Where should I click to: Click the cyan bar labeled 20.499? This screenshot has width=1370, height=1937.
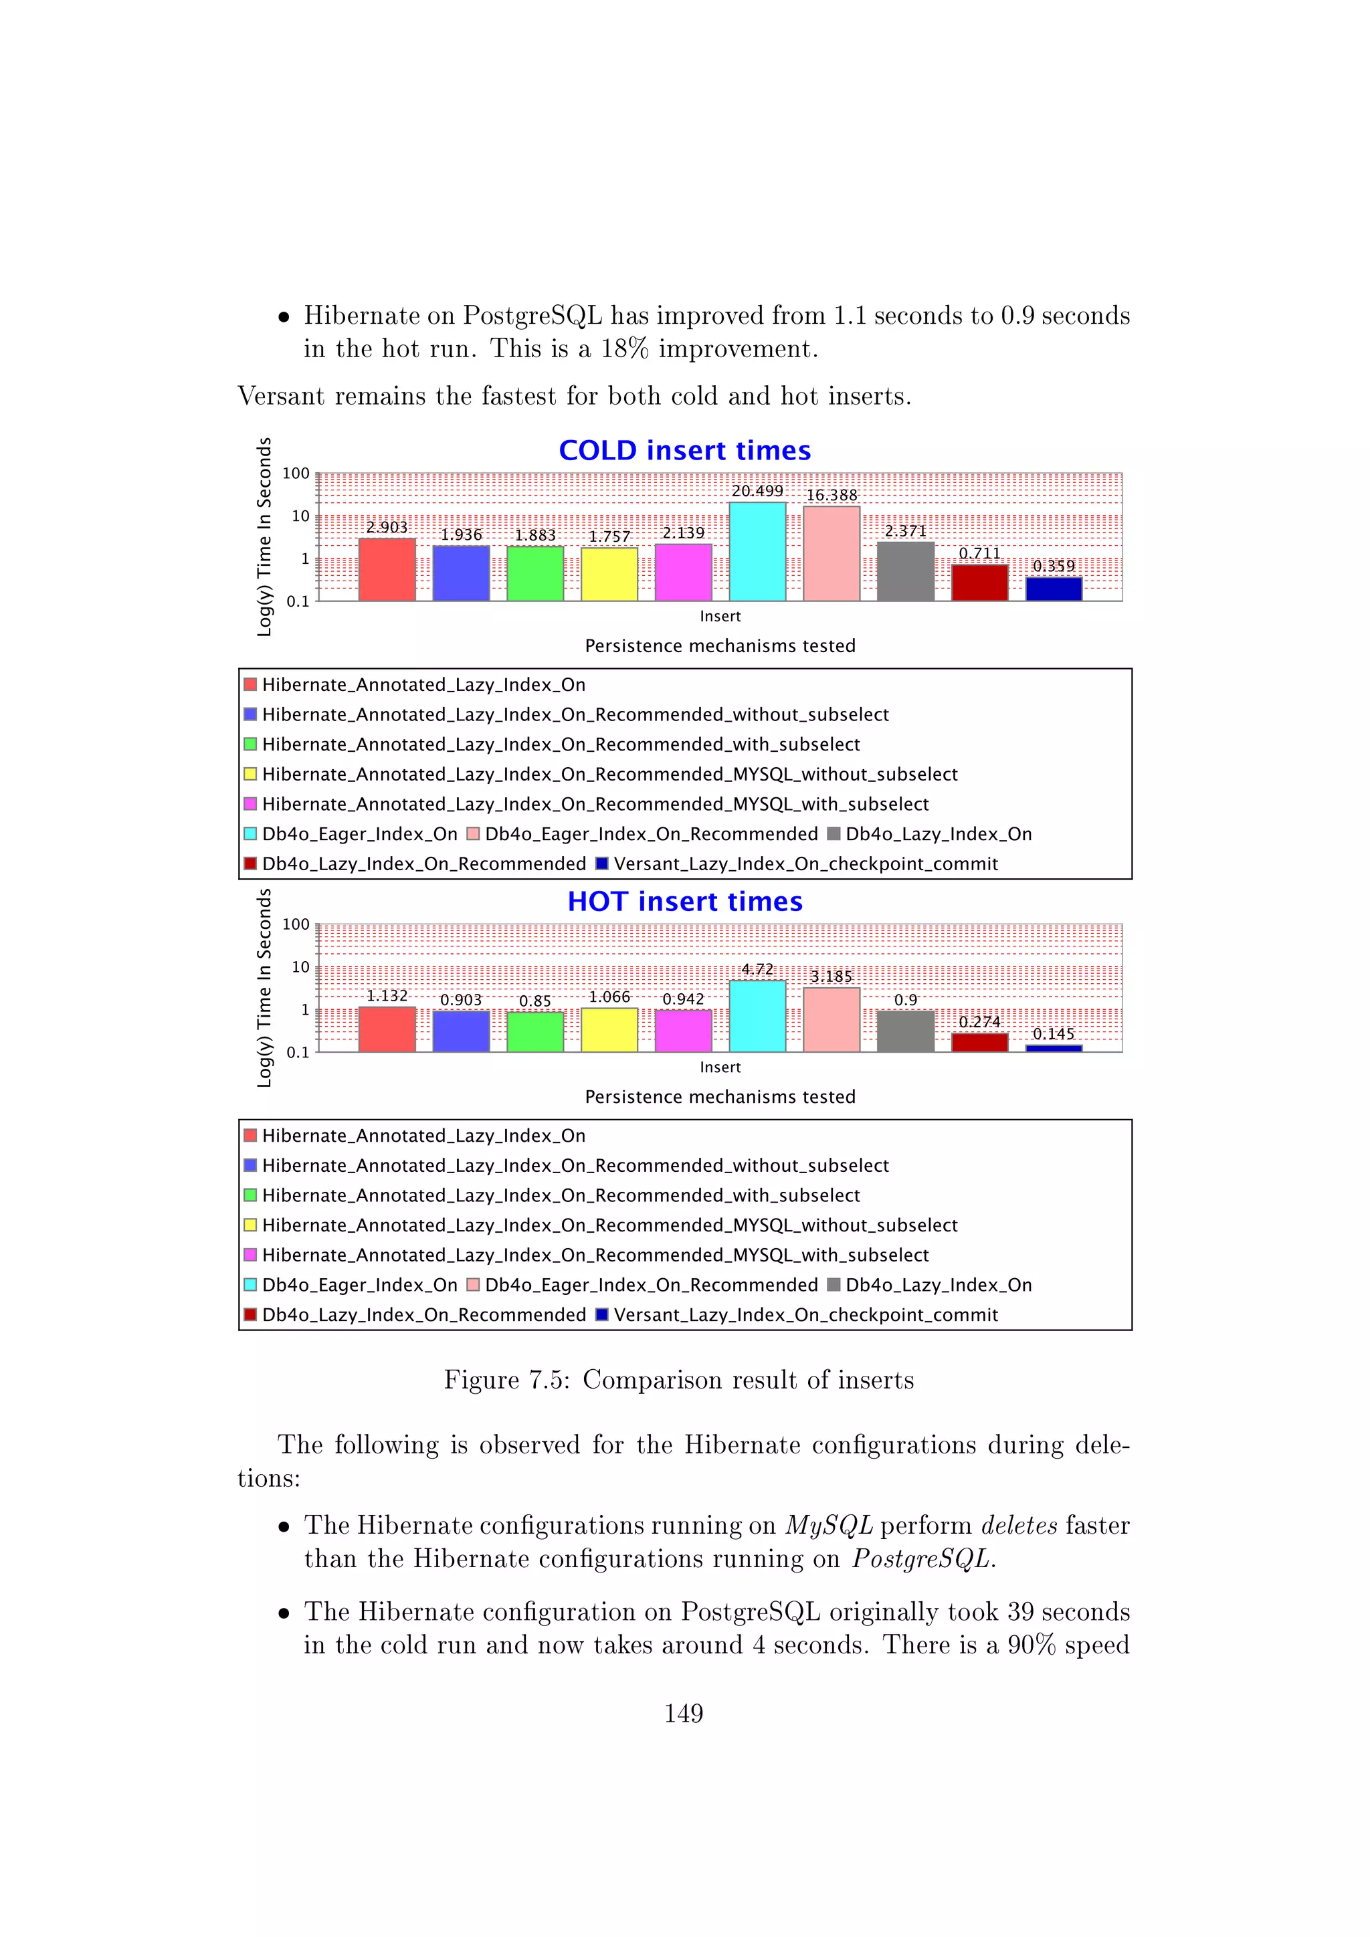757,552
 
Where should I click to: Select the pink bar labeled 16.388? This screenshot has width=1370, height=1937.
831,553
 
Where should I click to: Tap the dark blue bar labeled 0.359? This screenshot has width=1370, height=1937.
1054,589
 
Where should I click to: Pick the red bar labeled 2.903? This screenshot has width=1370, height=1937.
387,569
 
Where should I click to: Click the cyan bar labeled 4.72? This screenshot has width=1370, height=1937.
757,1016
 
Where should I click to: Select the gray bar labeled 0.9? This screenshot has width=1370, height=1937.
905,1031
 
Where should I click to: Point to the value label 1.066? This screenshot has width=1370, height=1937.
609,997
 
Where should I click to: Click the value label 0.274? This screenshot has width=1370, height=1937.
979,1021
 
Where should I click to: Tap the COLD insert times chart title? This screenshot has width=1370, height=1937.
684,451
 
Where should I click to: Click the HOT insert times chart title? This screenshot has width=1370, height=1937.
684,901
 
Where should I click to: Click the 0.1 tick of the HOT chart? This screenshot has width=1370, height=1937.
297,1052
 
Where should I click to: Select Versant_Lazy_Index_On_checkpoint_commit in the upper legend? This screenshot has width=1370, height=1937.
805,864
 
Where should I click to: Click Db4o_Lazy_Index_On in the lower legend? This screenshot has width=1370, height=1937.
938,1285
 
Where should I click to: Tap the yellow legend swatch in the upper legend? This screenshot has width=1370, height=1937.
250,774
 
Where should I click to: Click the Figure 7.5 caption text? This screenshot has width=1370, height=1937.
678,1381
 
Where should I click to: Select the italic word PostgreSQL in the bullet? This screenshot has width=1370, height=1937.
923,1558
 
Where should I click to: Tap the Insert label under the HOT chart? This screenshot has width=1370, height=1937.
720,1067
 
